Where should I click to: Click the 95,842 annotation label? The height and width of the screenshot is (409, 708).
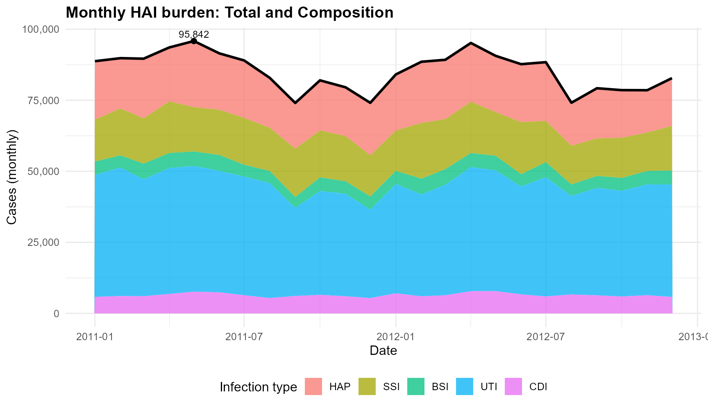tap(194, 34)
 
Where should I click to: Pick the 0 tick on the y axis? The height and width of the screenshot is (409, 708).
tap(56, 314)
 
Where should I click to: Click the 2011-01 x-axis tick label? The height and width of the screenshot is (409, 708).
tap(95, 337)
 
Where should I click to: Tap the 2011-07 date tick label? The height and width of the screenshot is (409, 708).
tap(244, 337)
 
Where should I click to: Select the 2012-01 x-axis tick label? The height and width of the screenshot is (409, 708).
tap(396, 337)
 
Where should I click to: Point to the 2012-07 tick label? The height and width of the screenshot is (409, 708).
tap(546, 337)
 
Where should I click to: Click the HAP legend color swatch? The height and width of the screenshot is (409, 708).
tap(313, 386)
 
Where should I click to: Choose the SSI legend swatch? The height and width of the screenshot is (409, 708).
tap(367, 386)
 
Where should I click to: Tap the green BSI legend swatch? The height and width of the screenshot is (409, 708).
tap(416, 386)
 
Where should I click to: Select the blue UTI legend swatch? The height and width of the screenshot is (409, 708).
tap(465, 386)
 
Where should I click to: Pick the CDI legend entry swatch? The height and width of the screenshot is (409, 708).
tap(513, 386)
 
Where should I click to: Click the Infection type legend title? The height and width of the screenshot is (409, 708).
tap(258, 387)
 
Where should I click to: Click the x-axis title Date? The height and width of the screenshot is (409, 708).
tap(383, 351)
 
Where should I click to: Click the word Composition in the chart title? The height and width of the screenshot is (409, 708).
tap(345, 13)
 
